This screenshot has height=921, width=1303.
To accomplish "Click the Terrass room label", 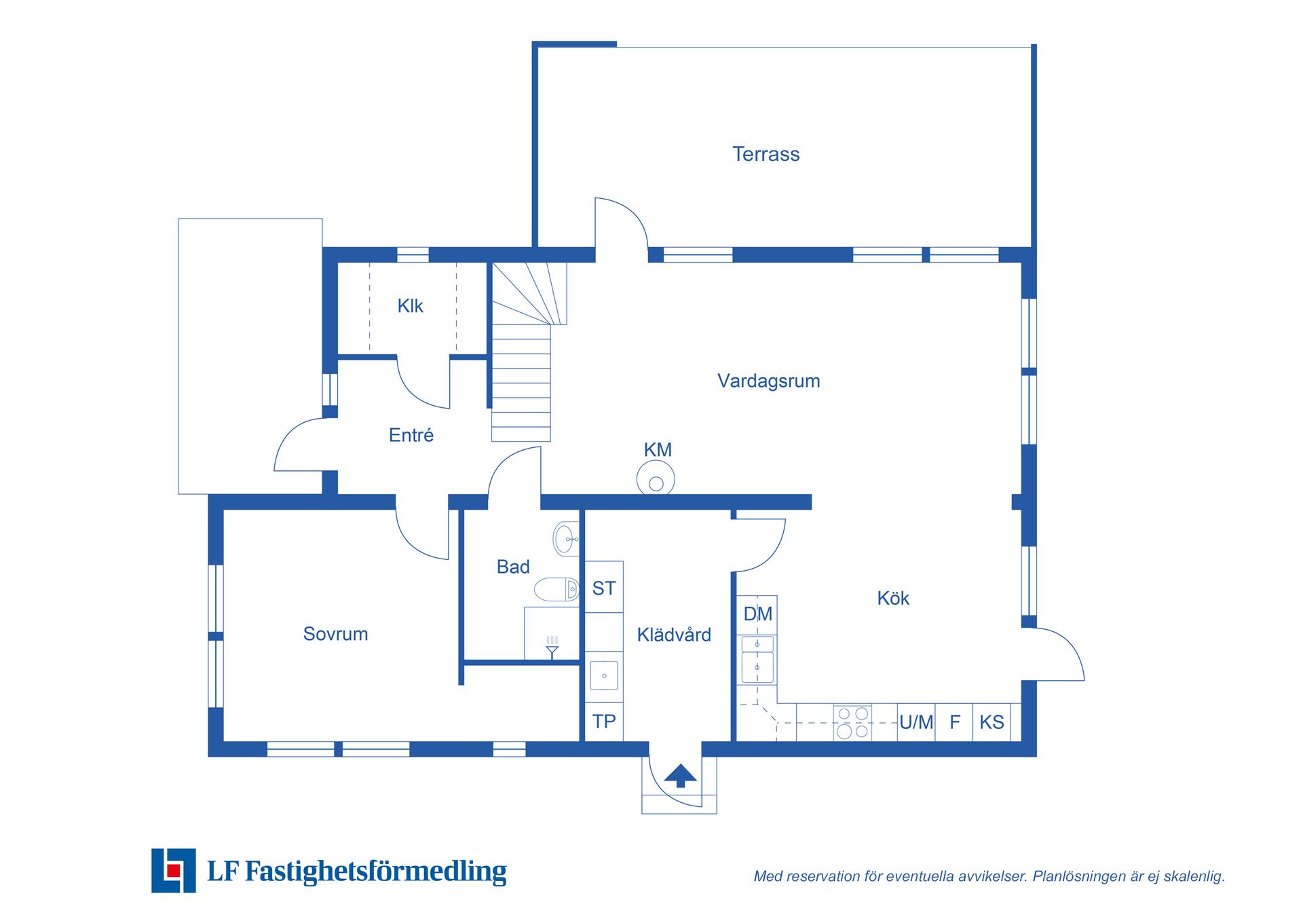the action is tap(766, 154).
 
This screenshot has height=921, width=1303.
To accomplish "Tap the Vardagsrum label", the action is tap(768, 381).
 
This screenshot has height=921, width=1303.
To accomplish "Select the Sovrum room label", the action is tap(335, 634).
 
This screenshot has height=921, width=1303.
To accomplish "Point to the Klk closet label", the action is tap(410, 306).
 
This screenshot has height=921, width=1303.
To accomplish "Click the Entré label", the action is tap(411, 435).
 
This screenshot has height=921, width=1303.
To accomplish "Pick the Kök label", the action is tap(892, 598).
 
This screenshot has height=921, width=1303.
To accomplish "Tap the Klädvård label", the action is tap(674, 635).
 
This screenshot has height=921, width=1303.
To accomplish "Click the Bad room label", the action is tap(512, 567).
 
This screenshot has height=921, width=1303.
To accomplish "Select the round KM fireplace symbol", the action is tap(656, 478).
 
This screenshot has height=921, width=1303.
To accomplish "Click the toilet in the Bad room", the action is tap(556, 589).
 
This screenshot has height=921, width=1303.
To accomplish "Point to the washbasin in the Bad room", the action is tap(567, 539).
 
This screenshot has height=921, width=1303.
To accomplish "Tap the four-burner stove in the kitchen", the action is tap(852, 722).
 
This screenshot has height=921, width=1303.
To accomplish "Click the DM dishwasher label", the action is tap(757, 614).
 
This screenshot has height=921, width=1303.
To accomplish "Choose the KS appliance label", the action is tap(992, 722).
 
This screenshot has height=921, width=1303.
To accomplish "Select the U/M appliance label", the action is tap(916, 722).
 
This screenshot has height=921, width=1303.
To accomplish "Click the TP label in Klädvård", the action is tap(604, 721).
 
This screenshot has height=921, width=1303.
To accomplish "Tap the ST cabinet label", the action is tap(604, 588).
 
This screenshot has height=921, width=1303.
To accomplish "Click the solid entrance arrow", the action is tap(680, 776).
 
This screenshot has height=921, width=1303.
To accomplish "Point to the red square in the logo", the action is tap(174, 871).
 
